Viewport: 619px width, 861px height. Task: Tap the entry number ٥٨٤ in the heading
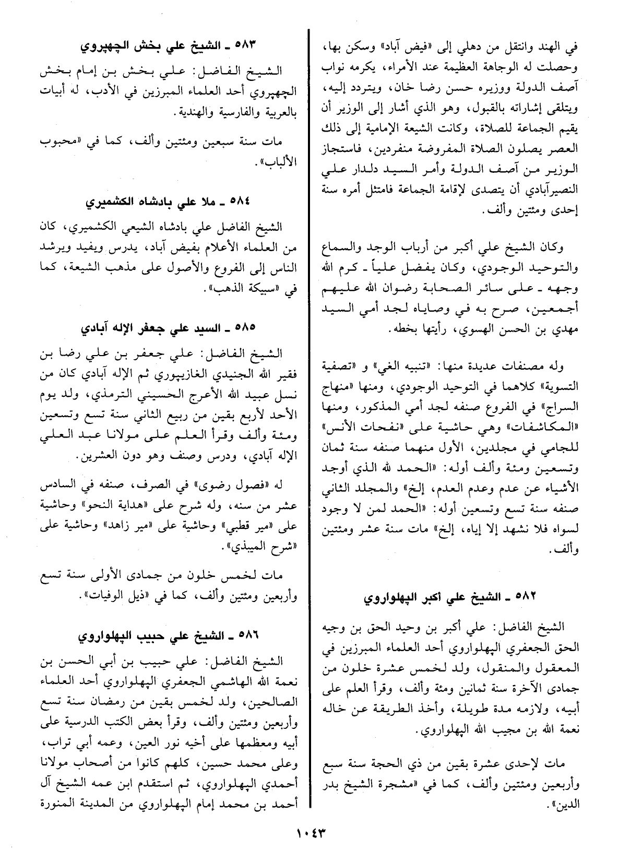pos(243,202)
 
